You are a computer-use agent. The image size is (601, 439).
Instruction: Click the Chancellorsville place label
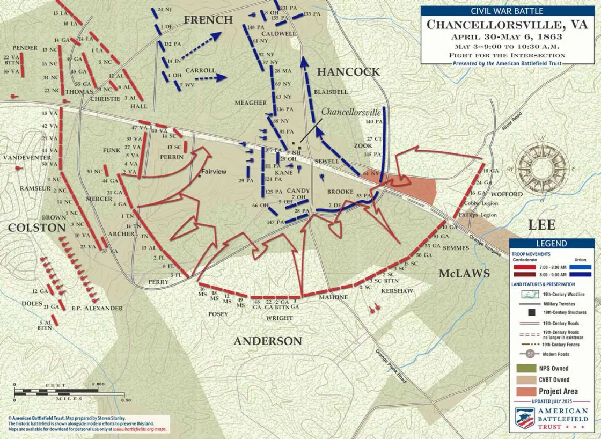point(351,112)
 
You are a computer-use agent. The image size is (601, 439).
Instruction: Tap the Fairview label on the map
point(214,172)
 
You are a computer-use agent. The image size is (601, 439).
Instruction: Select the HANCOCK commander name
point(348,72)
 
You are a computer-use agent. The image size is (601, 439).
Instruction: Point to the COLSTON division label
point(37,228)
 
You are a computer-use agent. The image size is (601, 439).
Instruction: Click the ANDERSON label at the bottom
point(267,341)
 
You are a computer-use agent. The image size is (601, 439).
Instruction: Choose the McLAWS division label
point(464,274)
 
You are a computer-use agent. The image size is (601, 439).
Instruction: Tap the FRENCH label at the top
point(208,20)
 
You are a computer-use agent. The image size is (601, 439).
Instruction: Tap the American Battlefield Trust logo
point(551,419)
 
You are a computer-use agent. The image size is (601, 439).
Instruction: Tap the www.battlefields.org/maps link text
point(138,429)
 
